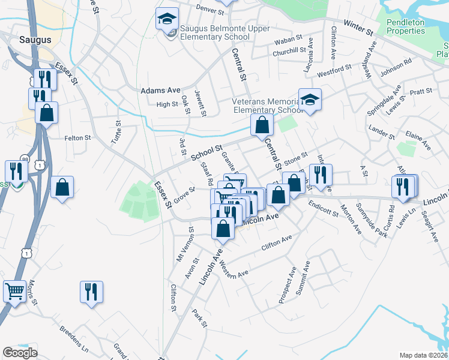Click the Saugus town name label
pyautogui.click(x=34, y=40)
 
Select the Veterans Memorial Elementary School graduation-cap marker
pyautogui.click(x=310, y=100)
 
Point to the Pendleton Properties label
pyautogui.click(x=405, y=26)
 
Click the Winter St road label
pyautogui.click(x=359, y=27)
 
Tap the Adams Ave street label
pyautogui.click(x=160, y=91)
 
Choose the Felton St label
pyautogui.click(x=77, y=138)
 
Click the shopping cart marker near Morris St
pyautogui.click(x=15, y=292)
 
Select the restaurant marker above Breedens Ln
pyautogui.click(x=91, y=292)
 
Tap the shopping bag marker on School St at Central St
pyautogui.click(x=262, y=125)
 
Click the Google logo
pyautogui.click(x=20, y=353)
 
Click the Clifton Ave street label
pyautogui.click(x=276, y=242)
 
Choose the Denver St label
pyautogui.click(x=210, y=10)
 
